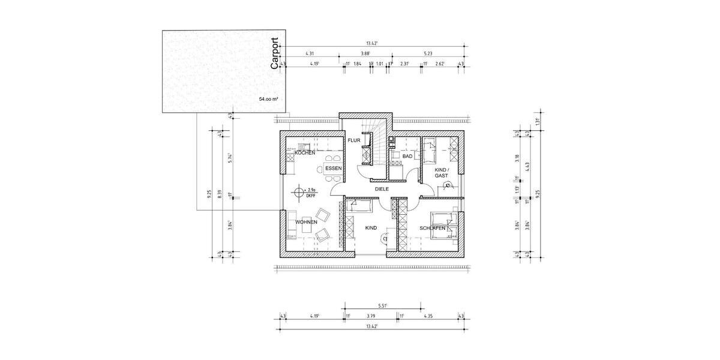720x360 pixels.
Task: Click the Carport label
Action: [x=275, y=54]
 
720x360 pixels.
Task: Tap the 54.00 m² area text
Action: [x=268, y=98]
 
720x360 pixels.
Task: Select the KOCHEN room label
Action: [x=305, y=153]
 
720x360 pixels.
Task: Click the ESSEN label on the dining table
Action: [x=333, y=169]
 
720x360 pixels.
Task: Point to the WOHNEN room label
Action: [x=306, y=223]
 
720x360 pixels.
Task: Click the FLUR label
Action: [x=353, y=140]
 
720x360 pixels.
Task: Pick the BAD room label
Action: [x=407, y=156]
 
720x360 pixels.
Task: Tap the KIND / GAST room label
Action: [x=442, y=173]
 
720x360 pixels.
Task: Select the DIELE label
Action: [x=382, y=189]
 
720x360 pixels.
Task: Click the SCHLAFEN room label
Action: [x=433, y=229]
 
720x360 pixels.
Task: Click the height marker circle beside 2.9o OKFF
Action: [x=298, y=193]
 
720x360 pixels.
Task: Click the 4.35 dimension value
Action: [x=428, y=316]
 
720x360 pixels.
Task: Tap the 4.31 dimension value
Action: [x=310, y=53]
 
